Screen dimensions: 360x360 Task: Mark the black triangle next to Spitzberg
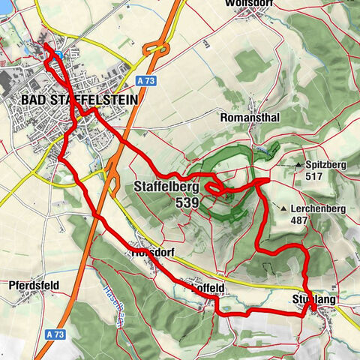[x=300, y=164]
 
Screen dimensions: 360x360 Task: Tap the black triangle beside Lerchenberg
[x=284, y=208]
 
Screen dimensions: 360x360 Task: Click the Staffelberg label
[x=166, y=187]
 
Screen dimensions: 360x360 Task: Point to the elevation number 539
[x=187, y=202]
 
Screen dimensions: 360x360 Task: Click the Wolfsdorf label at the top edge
[x=248, y=4]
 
